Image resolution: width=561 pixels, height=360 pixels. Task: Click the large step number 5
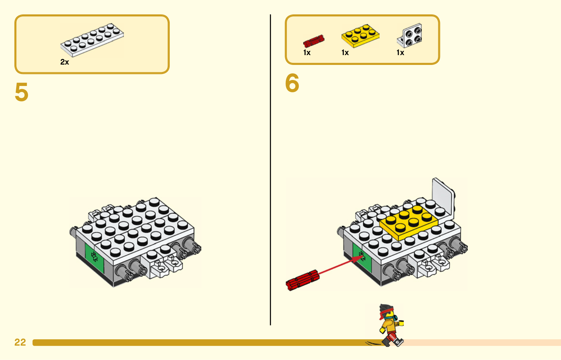pos(21,92)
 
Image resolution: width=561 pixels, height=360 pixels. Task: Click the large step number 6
pos(292,83)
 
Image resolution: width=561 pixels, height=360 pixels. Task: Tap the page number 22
pos(20,342)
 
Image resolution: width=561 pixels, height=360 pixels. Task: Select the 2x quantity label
pos(65,62)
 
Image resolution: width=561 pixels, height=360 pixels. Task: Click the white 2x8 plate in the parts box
pos(92,40)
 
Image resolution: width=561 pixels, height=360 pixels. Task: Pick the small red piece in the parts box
pos(313,41)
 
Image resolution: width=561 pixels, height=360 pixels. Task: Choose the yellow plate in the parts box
pos(360,36)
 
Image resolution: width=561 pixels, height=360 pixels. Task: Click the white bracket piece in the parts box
pos(410,35)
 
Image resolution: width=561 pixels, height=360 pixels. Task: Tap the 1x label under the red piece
pos(307,53)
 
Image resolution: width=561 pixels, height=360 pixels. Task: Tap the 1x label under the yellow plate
pos(345,53)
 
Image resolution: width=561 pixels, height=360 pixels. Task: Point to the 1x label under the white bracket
pos(400,53)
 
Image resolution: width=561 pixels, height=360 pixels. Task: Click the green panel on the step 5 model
pos(94,257)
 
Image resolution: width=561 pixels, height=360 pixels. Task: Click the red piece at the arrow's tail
pos(303,280)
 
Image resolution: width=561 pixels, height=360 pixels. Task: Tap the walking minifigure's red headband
pos(385,313)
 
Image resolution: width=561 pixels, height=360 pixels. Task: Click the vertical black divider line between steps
pos(270,170)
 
